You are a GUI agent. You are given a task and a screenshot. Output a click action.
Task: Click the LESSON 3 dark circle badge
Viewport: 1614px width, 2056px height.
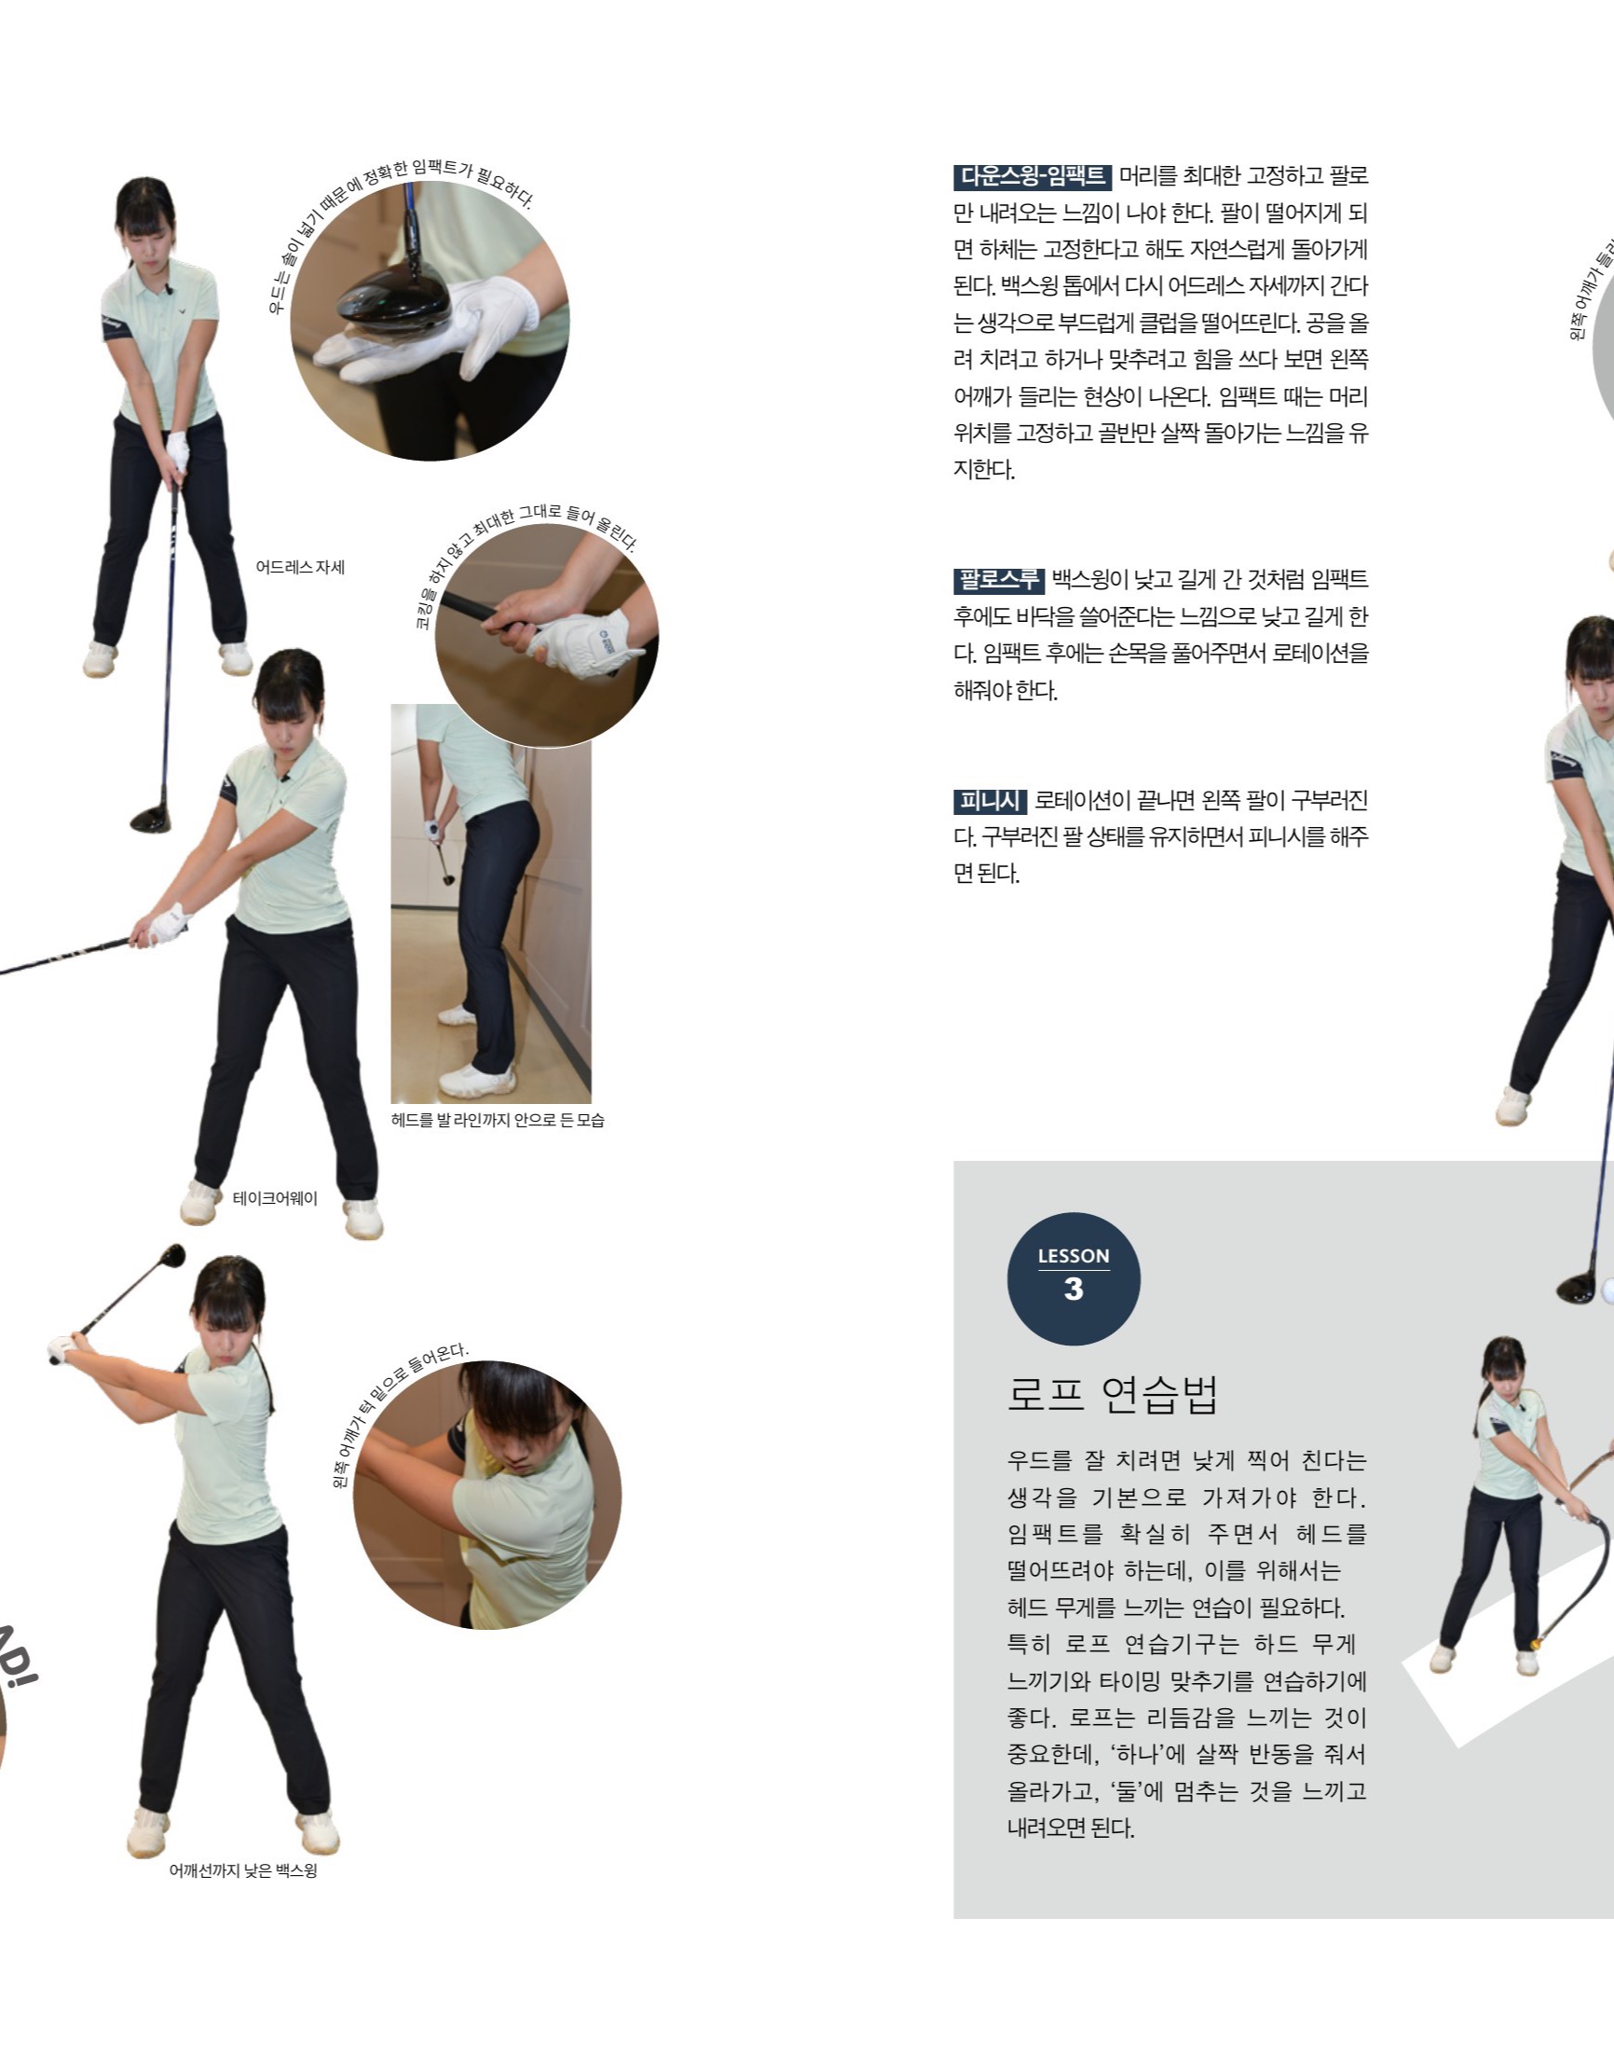click(1074, 1278)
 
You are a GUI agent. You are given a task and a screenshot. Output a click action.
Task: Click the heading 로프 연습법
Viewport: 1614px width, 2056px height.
click(1113, 1394)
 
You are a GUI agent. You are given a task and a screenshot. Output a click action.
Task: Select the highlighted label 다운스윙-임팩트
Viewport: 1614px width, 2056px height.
click(1032, 177)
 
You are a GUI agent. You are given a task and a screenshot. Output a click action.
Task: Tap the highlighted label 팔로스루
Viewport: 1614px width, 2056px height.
click(998, 579)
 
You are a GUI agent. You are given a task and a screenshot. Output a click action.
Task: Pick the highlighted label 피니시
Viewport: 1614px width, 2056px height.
click(989, 801)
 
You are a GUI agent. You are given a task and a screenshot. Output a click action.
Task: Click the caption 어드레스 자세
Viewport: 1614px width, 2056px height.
click(299, 567)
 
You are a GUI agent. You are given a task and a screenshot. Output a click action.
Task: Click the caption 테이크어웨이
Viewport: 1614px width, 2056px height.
click(274, 1197)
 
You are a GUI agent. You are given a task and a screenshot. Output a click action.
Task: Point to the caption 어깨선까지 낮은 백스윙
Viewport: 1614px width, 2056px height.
click(243, 1870)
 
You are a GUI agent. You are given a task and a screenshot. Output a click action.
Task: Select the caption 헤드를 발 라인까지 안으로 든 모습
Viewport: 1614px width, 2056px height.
click(497, 1119)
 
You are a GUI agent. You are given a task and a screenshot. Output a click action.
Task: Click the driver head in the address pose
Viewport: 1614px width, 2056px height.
click(150, 819)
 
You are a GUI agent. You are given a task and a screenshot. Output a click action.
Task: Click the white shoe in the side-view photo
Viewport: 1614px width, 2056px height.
click(477, 1079)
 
